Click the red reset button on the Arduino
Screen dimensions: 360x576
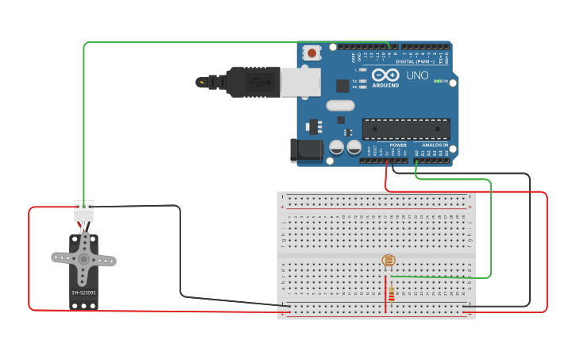point(313,53)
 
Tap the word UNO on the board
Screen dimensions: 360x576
point(417,76)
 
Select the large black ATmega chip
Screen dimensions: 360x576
point(406,130)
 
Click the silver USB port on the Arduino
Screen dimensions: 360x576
point(301,82)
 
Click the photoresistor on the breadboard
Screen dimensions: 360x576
point(388,261)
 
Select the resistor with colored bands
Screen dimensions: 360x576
point(390,295)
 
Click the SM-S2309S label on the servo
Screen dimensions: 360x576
point(83,292)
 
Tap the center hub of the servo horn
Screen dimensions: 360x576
point(83,258)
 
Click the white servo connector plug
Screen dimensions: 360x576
point(83,211)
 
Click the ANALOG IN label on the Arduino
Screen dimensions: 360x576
point(434,145)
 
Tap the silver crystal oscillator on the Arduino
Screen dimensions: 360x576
point(340,105)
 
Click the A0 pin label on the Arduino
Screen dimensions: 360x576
point(416,152)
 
